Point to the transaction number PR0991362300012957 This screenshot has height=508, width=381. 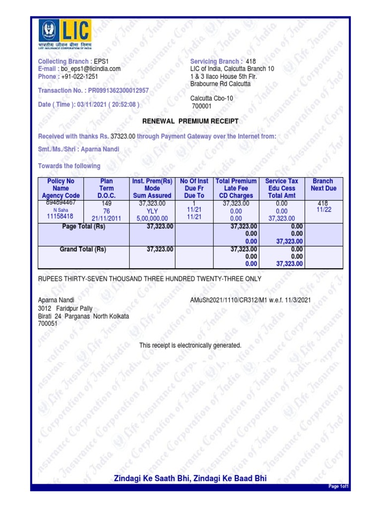[118, 91]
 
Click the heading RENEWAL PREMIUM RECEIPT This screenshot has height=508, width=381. [190, 121]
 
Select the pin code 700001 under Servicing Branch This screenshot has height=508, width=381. [201, 106]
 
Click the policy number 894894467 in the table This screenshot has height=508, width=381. [61, 203]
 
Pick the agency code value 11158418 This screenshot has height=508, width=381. [60, 216]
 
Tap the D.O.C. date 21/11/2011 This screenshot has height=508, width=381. [107, 218]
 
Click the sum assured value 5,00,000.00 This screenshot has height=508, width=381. [153, 218]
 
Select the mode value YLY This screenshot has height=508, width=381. [152, 211]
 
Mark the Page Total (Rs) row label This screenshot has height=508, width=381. [84, 227]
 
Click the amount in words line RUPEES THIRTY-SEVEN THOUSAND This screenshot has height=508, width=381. [149, 279]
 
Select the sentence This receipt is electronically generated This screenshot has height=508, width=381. [190, 345]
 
